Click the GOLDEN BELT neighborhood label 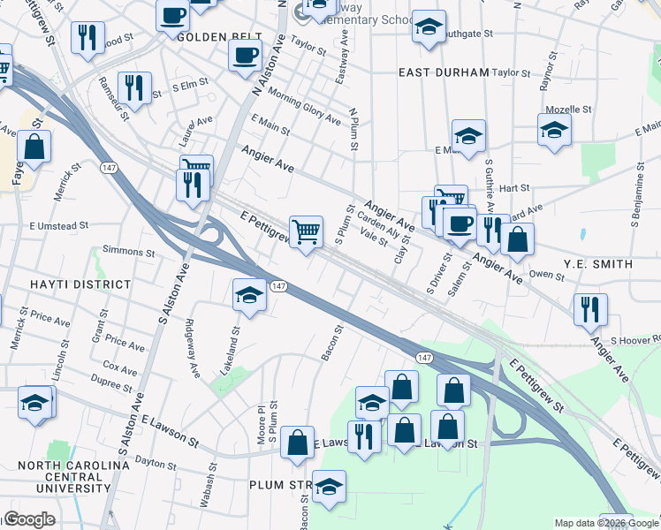pyautogui.click(x=219, y=39)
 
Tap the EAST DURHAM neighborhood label pyautogui.click(x=444, y=72)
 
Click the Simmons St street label pyautogui.click(x=128, y=252)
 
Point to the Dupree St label pyautogui.click(x=110, y=384)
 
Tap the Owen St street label pyautogui.click(x=547, y=276)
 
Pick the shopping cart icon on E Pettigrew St pyautogui.click(x=306, y=232)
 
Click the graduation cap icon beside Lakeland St pyautogui.click(x=250, y=294)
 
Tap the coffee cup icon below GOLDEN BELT pyautogui.click(x=245, y=55)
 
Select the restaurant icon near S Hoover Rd pyautogui.click(x=589, y=309)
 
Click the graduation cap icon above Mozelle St pyautogui.click(x=554, y=129)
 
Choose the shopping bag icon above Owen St pyautogui.click(x=517, y=238)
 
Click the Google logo pyautogui.click(x=29, y=519)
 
